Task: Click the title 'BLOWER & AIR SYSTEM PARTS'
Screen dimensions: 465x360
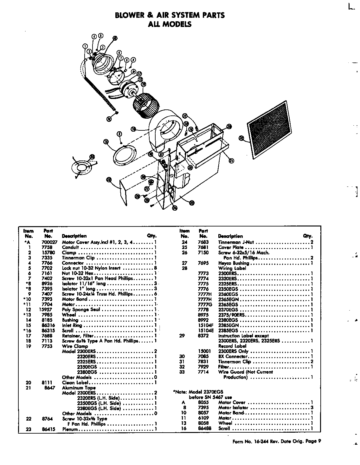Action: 170,15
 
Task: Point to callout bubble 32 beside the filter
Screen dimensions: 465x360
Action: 241,138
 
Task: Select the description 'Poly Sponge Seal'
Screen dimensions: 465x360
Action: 81,310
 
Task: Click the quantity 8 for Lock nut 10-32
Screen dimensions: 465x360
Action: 155,268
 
